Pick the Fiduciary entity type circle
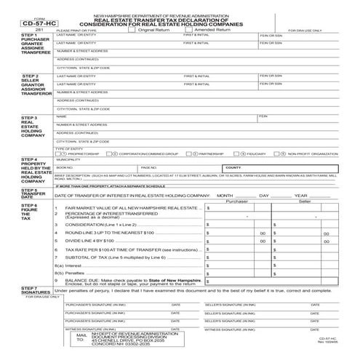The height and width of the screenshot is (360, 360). (241, 153)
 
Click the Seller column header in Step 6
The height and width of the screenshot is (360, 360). (305, 201)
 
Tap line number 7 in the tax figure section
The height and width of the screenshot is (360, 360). (57, 259)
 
